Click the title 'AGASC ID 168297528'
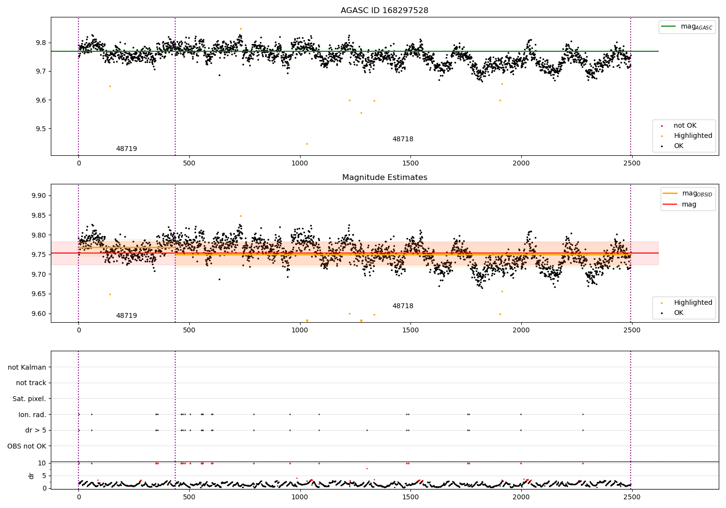coord(384,11)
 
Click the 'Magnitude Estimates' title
coord(384,178)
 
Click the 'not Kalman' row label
coord(27,367)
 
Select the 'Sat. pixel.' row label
coord(29,399)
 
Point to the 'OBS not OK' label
coord(27,446)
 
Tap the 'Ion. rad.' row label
coord(32,415)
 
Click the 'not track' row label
coord(31,383)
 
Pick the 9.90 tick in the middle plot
coord(38,196)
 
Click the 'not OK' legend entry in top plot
coord(685,126)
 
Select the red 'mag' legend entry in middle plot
coord(689,204)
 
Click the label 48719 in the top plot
coord(126,149)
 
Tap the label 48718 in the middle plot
coord(403,306)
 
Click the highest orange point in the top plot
coord(241,29)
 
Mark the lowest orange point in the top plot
coord(307,144)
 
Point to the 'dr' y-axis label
coord(31,476)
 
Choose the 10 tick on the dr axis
coord(42,463)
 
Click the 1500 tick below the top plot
coord(410,164)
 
